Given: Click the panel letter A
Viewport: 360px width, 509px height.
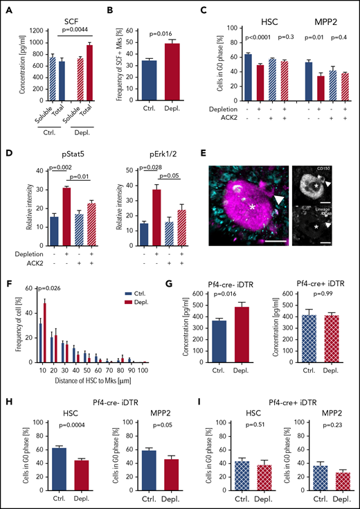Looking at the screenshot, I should point(10,10).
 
